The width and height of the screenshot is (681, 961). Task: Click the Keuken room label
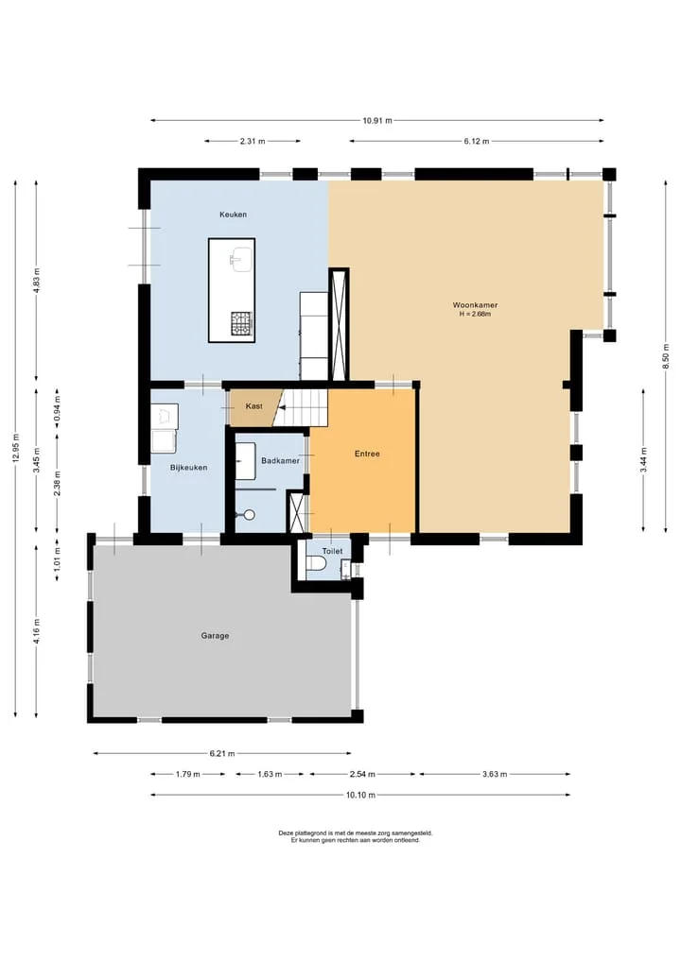(x=233, y=215)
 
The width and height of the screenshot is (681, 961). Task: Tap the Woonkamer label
(x=475, y=304)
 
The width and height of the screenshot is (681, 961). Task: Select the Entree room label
(x=367, y=454)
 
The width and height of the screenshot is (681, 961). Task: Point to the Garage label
(x=215, y=636)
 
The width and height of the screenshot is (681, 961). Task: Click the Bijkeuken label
(x=188, y=467)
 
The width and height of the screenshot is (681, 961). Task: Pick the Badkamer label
(x=280, y=460)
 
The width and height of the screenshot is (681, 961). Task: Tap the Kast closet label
(x=254, y=405)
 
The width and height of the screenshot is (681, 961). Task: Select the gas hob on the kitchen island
(x=242, y=323)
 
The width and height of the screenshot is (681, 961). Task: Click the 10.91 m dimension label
(x=376, y=121)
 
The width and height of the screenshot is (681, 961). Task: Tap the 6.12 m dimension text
(x=477, y=141)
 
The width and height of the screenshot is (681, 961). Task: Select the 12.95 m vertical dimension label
(x=16, y=449)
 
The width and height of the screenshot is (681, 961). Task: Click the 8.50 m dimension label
(x=665, y=356)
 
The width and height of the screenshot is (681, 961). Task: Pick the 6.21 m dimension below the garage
(x=222, y=753)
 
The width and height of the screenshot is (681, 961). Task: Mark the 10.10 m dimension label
(x=360, y=795)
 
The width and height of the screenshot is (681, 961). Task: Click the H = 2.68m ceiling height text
(x=475, y=314)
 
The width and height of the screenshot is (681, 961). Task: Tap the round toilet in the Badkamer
(x=249, y=515)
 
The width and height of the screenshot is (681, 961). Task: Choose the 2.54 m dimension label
(x=362, y=774)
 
